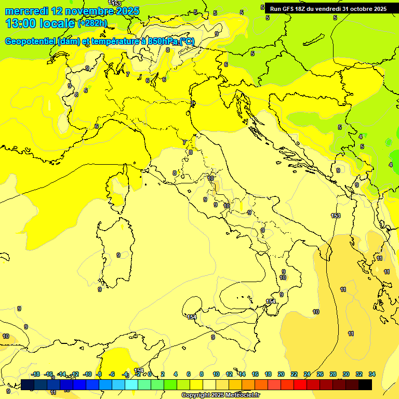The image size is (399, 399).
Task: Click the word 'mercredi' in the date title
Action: point(25,11)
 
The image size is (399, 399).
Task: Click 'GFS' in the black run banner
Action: point(288,9)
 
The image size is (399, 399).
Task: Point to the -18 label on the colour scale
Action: point(36,374)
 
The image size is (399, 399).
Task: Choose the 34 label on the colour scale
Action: point(372,374)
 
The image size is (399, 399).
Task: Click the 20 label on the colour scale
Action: point(281,374)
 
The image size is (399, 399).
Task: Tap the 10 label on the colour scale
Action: point(216,374)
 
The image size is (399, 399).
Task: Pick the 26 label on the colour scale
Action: point(320,374)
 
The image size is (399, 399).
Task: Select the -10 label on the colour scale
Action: point(87,374)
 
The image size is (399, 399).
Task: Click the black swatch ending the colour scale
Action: point(365,384)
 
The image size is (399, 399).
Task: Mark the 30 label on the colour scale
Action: point(346,374)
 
